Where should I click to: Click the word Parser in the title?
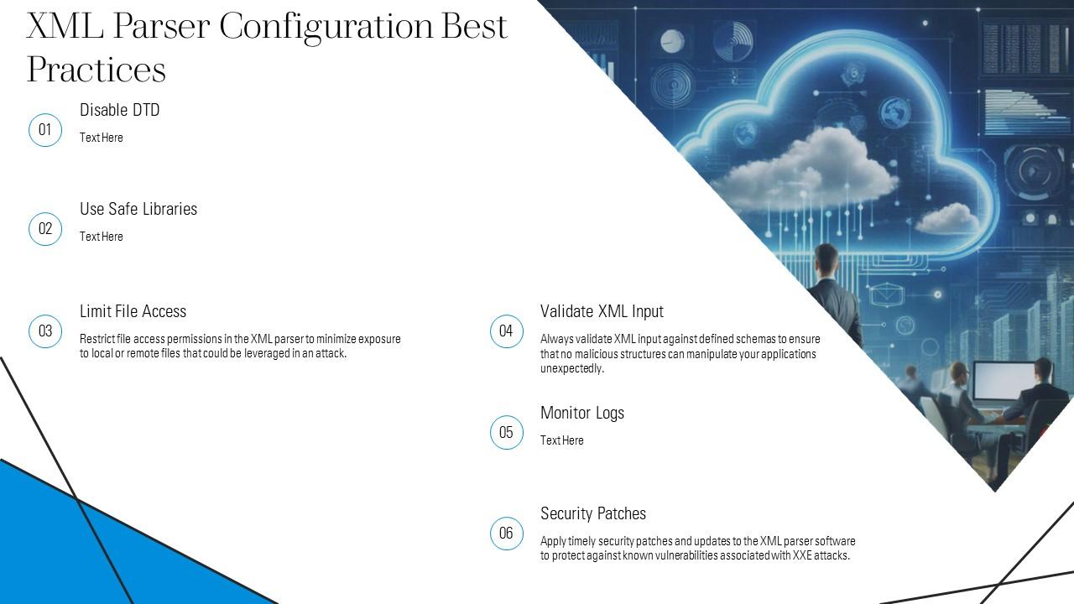(161, 27)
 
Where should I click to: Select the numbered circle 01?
(45, 130)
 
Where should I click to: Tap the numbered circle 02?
(45, 229)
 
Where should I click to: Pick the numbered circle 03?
(45, 331)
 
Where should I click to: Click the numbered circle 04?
(506, 331)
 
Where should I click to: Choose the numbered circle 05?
(506, 433)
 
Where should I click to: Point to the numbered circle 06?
(506, 534)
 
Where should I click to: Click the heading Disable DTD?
(119, 111)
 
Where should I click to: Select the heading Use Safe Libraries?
(138, 210)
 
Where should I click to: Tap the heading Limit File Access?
(133, 311)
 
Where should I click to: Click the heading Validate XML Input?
(602, 311)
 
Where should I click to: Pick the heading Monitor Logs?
(582, 413)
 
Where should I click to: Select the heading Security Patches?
(592, 513)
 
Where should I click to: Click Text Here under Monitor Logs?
(561, 440)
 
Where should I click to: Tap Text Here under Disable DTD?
(101, 138)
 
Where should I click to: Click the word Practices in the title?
(96, 70)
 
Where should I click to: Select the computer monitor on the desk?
(1003, 382)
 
